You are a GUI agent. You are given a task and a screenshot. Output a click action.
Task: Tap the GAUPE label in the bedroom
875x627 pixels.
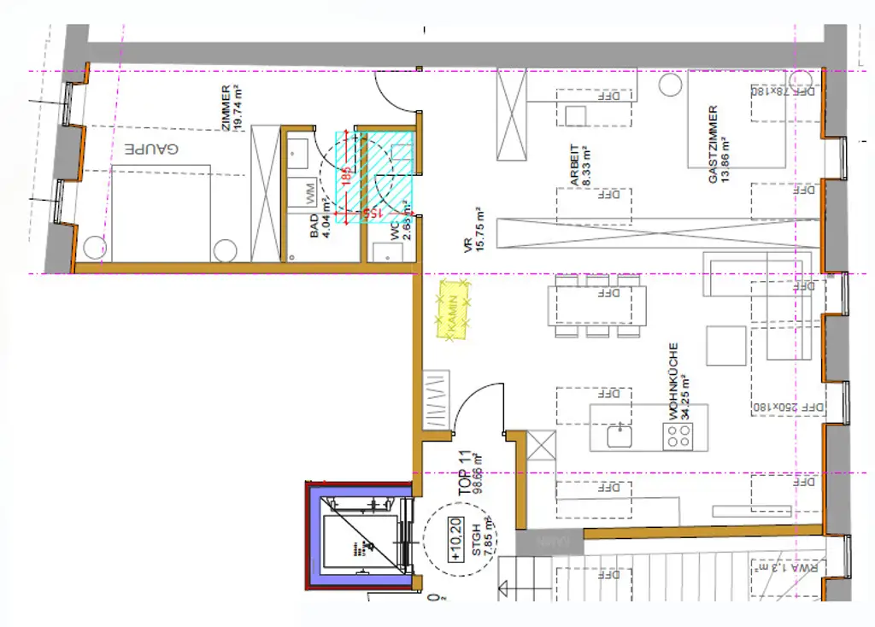pyautogui.click(x=152, y=149)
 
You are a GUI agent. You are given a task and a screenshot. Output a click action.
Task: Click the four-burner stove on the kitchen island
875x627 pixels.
pyautogui.click(x=679, y=437)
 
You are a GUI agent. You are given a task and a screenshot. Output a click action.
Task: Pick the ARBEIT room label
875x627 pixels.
pyautogui.click(x=580, y=165)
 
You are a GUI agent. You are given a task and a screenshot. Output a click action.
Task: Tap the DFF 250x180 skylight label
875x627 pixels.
pyautogui.click(x=790, y=408)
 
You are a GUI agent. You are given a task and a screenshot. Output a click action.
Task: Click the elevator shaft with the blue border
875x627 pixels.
pyautogui.click(x=360, y=536)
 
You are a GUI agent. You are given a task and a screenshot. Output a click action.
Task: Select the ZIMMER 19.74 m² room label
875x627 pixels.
pyautogui.click(x=232, y=108)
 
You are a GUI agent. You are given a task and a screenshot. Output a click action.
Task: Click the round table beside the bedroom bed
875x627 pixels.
pyautogui.click(x=226, y=251)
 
